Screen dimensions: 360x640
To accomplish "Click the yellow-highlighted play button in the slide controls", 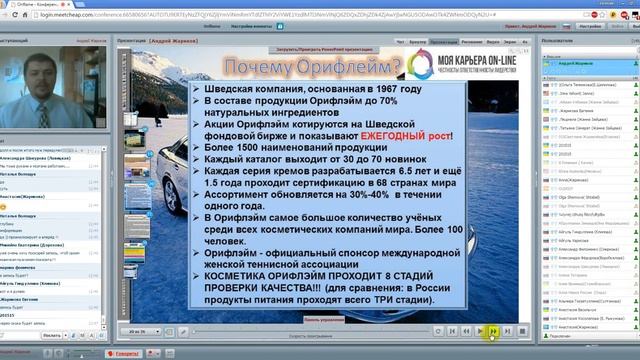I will pyautogui.click(x=494, y=331).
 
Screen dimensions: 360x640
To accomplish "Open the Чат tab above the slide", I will pyautogui.click(x=402, y=43).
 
